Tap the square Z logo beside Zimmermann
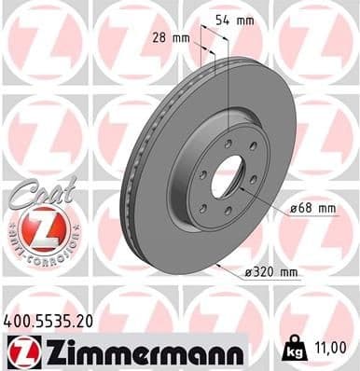coord(20,350)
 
